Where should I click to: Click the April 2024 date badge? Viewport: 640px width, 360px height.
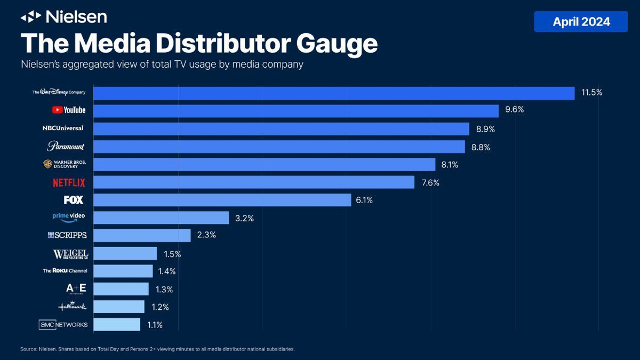click(581, 22)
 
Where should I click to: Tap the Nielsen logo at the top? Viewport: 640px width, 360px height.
click(64, 17)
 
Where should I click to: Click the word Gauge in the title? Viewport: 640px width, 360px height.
click(337, 44)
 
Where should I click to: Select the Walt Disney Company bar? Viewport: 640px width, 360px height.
click(334, 93)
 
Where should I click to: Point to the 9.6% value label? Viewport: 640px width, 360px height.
click(514, 110)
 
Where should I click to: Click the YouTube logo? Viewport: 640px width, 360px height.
click(69, 110)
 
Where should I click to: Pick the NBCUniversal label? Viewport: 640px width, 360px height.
click(63, 128)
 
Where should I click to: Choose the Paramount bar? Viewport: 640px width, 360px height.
click(279, 147)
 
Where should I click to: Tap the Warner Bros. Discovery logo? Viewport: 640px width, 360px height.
click(65, 164)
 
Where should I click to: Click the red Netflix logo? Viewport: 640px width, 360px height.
click(69, 182)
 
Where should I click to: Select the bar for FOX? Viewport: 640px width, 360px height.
click(222, 199)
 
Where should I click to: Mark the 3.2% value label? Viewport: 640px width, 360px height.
click(245, 218)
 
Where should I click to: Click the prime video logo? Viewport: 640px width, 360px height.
click(69, 218)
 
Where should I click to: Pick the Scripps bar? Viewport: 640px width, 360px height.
click(142, 235)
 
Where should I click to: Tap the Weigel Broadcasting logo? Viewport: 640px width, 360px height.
click(70, 254)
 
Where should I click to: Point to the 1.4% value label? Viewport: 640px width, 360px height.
click(167, 271)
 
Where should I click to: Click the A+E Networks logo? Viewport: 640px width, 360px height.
click(76, 289)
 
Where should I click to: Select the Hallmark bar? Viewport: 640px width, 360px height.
click(119, 307)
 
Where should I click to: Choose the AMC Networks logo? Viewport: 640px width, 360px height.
click(63, 325)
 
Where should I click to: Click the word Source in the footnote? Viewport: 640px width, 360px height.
click(28, 349)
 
